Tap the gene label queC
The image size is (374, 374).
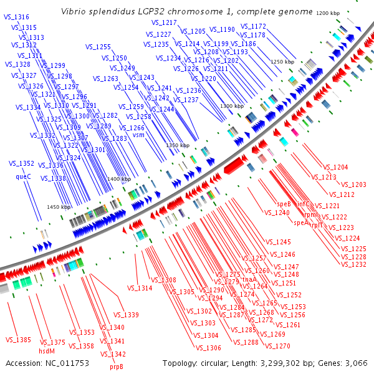[23, 176]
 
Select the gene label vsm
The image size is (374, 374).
[138, 135]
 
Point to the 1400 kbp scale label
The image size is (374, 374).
[119, 179]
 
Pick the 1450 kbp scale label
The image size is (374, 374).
[59, 206]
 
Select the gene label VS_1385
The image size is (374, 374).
[18, 340]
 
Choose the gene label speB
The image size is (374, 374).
[284, 204]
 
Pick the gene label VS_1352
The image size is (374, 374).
[22, 163]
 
